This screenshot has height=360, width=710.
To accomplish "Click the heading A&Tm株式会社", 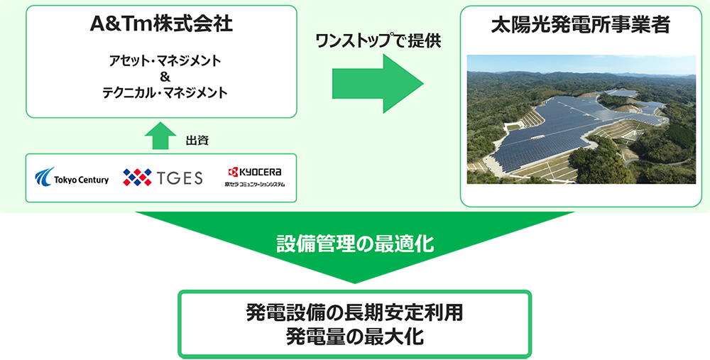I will click(x=161, y=27).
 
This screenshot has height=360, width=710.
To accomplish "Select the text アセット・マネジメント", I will click(x=160, y=61).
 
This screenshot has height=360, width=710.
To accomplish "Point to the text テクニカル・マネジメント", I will click(x=160, y=92).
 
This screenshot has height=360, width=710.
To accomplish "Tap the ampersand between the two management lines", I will click(x=161, y=77).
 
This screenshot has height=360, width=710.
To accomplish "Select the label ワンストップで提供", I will click(x=378, y=40).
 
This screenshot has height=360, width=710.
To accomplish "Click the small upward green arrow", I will click(x=161, y=135).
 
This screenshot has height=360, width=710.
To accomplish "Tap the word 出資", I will click(x=197, y=141).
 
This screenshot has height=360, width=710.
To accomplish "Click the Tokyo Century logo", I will click(x=72, y=176).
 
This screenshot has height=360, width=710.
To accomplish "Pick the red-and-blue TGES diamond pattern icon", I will click(x=137, y=177).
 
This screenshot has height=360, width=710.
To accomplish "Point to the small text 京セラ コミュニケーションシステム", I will click(x=254, y=185).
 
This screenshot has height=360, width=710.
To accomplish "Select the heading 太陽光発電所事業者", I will click(x=581, y=27).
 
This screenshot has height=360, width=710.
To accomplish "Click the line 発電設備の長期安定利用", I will click(x=354, y=312).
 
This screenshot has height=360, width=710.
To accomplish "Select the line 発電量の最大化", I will click(x=354, y=336).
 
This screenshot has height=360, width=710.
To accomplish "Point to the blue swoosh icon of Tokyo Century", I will click(x=44, y=175).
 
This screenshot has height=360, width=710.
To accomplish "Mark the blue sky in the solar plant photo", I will click(x=581, y=64).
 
